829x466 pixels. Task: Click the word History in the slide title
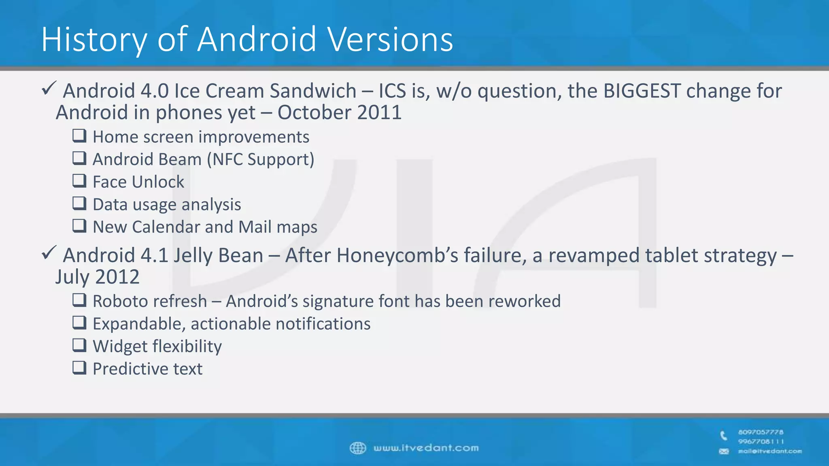click(94, 40)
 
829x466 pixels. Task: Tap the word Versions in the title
click(390, 40)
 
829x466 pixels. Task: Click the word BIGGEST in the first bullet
click(642, 91)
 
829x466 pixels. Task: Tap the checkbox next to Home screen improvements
click(79, 136)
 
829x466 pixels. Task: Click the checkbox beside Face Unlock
click(79, 180)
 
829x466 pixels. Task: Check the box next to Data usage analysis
click(79, 203)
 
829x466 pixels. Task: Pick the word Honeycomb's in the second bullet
click(397, 256)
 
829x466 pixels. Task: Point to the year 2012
click(117, 277)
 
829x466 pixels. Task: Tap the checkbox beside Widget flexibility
click(79, 345)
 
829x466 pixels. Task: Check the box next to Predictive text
click(79, 368)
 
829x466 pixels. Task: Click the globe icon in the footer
click(358, 448)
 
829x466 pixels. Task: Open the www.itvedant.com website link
click(426, 448)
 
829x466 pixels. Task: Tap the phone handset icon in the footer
click(724, 436)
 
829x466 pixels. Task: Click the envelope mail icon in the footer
click(724, 451)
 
